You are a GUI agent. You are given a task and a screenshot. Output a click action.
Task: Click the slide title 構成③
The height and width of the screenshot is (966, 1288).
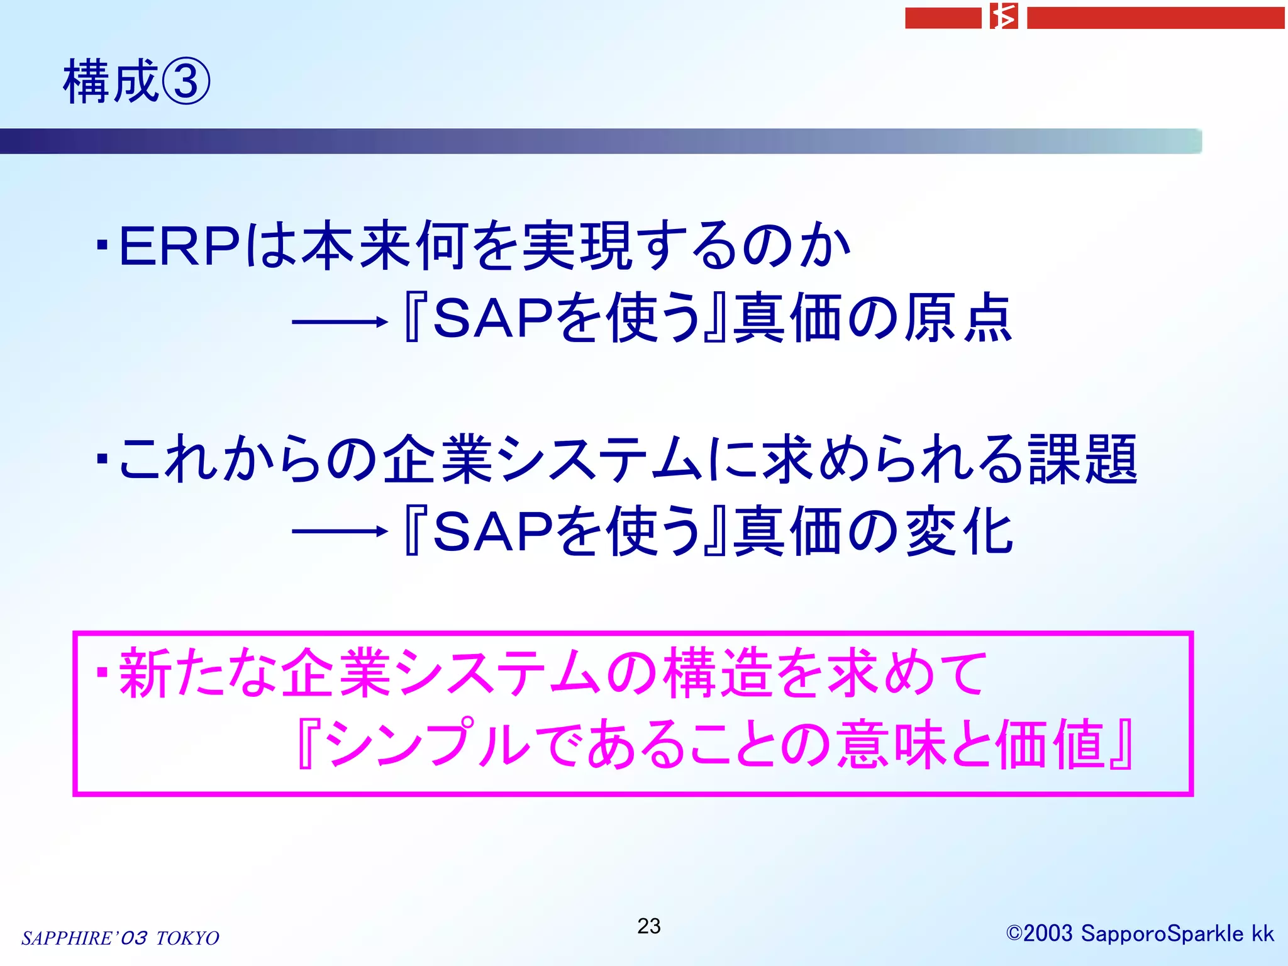(136, 82)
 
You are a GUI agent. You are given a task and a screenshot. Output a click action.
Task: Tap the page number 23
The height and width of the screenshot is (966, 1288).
(648, 926)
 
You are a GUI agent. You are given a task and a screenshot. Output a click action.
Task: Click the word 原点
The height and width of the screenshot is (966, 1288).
(957, 318)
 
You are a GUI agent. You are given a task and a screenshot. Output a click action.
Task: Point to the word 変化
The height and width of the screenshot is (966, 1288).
(958, 532)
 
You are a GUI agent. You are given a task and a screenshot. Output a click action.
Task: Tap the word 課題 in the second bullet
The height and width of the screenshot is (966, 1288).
(1082, 460)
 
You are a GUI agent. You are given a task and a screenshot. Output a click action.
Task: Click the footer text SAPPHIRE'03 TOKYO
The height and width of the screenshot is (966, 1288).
(120, 938)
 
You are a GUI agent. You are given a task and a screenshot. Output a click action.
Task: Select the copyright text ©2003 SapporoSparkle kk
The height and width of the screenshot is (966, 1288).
(1140, 933)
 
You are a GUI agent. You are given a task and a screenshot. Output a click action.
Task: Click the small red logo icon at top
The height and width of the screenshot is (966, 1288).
(1004, 17)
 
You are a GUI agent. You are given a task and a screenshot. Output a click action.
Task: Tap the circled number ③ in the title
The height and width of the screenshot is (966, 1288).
(186, 82)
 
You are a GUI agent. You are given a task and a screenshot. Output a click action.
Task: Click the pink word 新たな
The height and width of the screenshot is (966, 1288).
(199, 674)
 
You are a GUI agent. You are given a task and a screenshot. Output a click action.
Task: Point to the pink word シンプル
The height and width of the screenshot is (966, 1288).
(428, 745)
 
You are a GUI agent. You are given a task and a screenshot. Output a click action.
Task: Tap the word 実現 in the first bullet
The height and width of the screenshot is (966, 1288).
(577, 247)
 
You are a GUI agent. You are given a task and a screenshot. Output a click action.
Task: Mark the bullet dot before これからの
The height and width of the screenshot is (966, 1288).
(103, 461)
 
